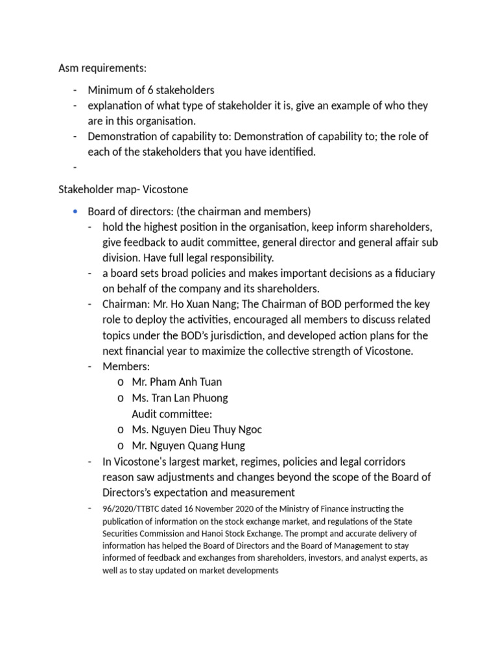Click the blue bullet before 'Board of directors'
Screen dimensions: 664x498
(x=76, y=212)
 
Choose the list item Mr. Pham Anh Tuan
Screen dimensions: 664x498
(x=176, y=383)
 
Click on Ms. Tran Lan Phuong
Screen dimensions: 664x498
(x=180, y=398)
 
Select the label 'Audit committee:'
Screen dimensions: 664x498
(x=172, y=414)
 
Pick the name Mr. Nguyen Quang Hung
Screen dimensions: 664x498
(x=188, y=445)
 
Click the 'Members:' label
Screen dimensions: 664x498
(x=126, y=367)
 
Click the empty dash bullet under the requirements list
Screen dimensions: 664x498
(x=76, y=168)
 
